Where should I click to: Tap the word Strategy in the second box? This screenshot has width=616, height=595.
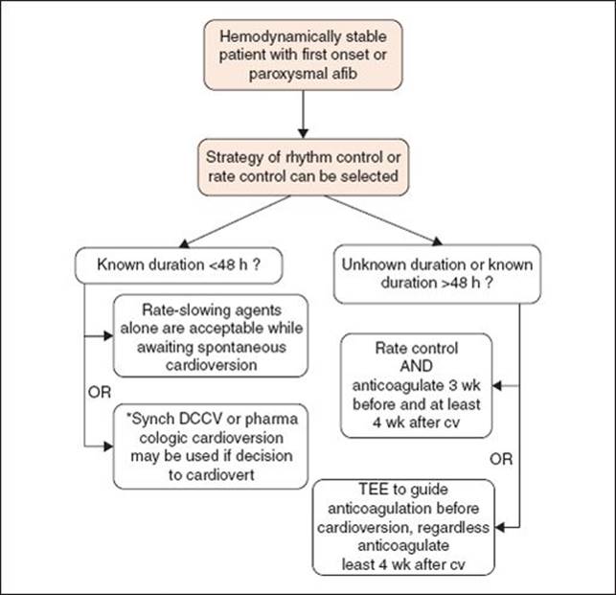(235, 157)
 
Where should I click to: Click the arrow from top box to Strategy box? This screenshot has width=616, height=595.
(303, 114)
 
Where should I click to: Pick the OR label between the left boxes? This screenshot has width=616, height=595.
(100, 392)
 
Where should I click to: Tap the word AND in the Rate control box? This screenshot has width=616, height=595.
(417, 366)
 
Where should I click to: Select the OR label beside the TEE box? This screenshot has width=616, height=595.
(501, 459)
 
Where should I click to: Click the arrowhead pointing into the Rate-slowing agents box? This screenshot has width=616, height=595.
(108, 336)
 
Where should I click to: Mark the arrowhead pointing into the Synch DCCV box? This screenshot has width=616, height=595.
(108, 446)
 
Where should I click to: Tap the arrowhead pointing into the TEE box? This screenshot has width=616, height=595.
(500, 527)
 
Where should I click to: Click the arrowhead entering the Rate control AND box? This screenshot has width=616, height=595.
(497, 386)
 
